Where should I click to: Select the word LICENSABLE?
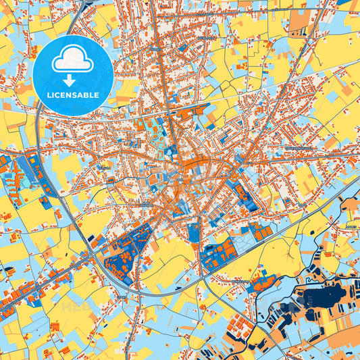point(73,95)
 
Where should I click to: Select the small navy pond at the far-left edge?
point(8,271)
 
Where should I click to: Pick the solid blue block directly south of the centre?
point(195,232)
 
